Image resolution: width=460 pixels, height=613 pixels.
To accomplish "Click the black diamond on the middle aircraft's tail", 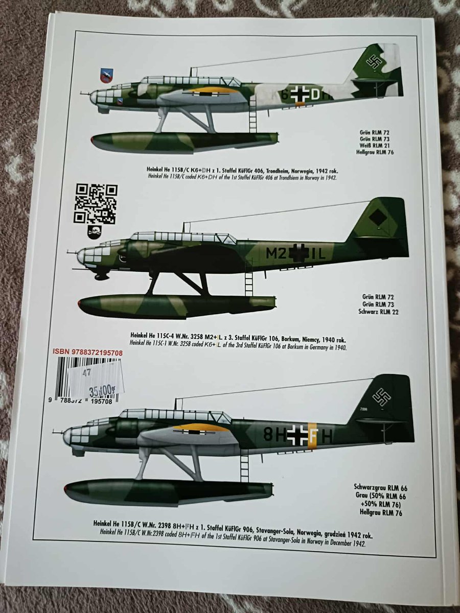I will tap(378, 218).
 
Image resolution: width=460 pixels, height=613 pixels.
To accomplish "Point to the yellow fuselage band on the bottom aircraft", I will tap(314, 435).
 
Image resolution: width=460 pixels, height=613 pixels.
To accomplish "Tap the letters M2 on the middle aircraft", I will tap(277, 252).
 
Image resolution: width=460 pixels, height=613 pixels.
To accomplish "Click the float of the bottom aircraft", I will tap(169, 490).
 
